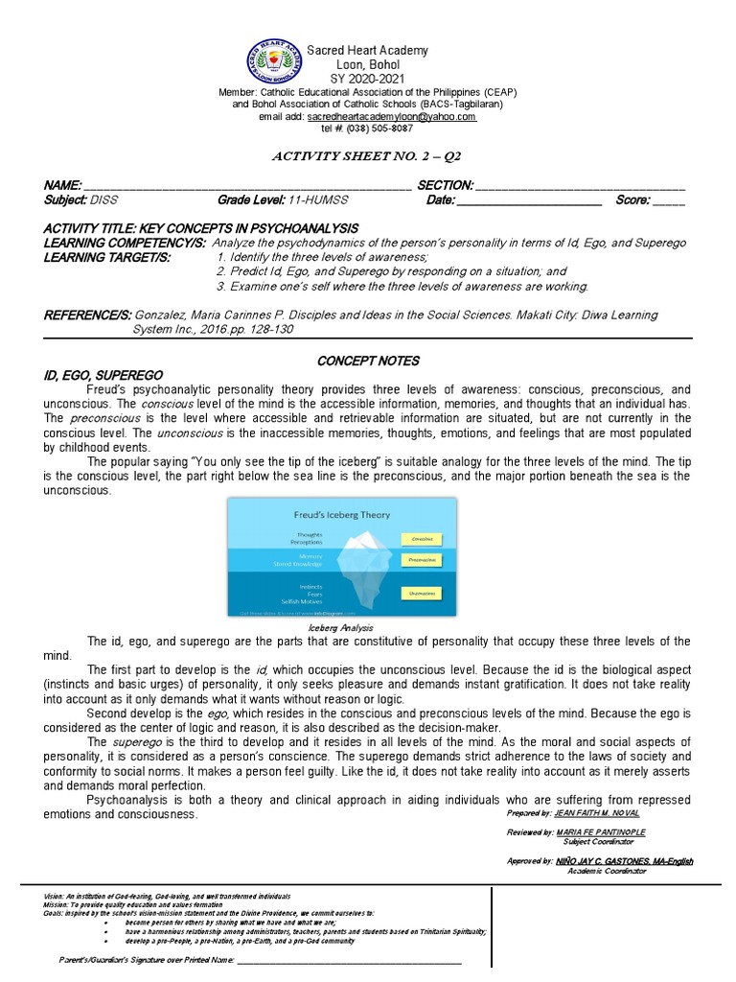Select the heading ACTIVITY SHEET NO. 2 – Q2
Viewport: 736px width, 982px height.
368,157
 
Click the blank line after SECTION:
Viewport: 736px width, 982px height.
580,186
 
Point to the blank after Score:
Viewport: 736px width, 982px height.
669,200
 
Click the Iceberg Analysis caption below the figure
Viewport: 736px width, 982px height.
341,626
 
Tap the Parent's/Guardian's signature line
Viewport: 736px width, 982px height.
349,959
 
